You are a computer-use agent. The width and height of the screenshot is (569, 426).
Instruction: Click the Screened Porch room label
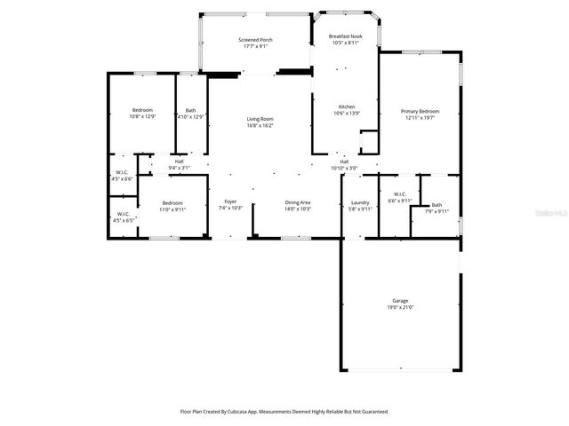(x=254, y=41)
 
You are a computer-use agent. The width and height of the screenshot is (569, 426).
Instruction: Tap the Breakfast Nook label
(x=344, y=36)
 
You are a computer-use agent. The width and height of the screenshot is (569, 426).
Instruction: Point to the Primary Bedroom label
(x=420, y=112)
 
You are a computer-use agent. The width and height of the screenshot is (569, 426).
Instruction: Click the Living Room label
(x=260, y=119)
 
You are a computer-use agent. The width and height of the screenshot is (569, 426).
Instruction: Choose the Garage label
(x=400, y=300)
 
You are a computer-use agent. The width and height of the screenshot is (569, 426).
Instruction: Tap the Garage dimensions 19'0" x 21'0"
(x=400, y=307)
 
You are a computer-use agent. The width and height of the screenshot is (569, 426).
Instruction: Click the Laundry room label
(x=360, y=202)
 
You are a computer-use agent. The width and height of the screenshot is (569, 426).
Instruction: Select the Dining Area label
(x=298, y=202)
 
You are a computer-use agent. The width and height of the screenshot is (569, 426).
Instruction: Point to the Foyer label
(x=230, y=202)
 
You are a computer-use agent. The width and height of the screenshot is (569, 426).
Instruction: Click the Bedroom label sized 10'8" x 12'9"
(x=142, y=110)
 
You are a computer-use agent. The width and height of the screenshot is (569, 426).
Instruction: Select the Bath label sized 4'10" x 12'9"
(x=191, y=110)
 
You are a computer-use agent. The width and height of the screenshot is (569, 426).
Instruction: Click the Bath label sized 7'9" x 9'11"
(x=437, y=205)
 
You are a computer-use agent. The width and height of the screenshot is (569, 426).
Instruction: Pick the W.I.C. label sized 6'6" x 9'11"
(x=399, y=194)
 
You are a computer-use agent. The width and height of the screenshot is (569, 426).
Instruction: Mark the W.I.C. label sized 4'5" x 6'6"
(x=122, y=172)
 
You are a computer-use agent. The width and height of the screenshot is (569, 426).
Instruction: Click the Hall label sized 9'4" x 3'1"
(x=179, y=161)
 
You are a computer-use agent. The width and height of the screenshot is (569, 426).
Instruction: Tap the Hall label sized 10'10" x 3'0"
(x=343, y=162)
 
